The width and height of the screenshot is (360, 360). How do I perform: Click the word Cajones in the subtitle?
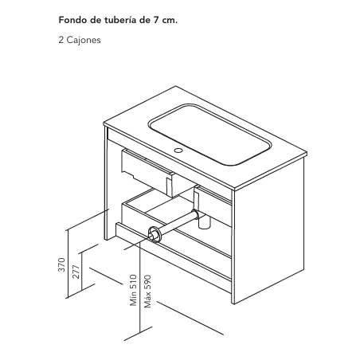click(84, 40)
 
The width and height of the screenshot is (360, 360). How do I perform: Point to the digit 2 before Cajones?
click(61, 40)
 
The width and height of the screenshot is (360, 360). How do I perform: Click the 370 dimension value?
click(61, 264)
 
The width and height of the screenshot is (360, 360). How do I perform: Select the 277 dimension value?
click(76, 272)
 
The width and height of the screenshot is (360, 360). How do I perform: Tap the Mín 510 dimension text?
click(133, 290)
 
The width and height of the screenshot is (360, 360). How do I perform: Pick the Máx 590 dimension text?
click(147, 292)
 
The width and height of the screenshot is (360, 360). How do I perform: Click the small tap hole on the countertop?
click(178, 151)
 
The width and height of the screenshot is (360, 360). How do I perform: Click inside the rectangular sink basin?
click(209, 134)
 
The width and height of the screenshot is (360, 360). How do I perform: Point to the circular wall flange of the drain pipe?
click(154, 234)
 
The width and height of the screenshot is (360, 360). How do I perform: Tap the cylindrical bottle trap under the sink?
click(204, 223)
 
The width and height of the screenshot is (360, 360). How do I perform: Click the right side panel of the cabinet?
click(268, 231)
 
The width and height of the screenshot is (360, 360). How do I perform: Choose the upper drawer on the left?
click(147, 173)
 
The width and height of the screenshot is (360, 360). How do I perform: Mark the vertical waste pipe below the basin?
click(196, 201)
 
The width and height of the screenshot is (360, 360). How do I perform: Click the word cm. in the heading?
click(170, 21)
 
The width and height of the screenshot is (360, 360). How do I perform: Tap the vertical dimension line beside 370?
click(68, 264)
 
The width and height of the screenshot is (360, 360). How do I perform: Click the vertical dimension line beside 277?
click(82, 271)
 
